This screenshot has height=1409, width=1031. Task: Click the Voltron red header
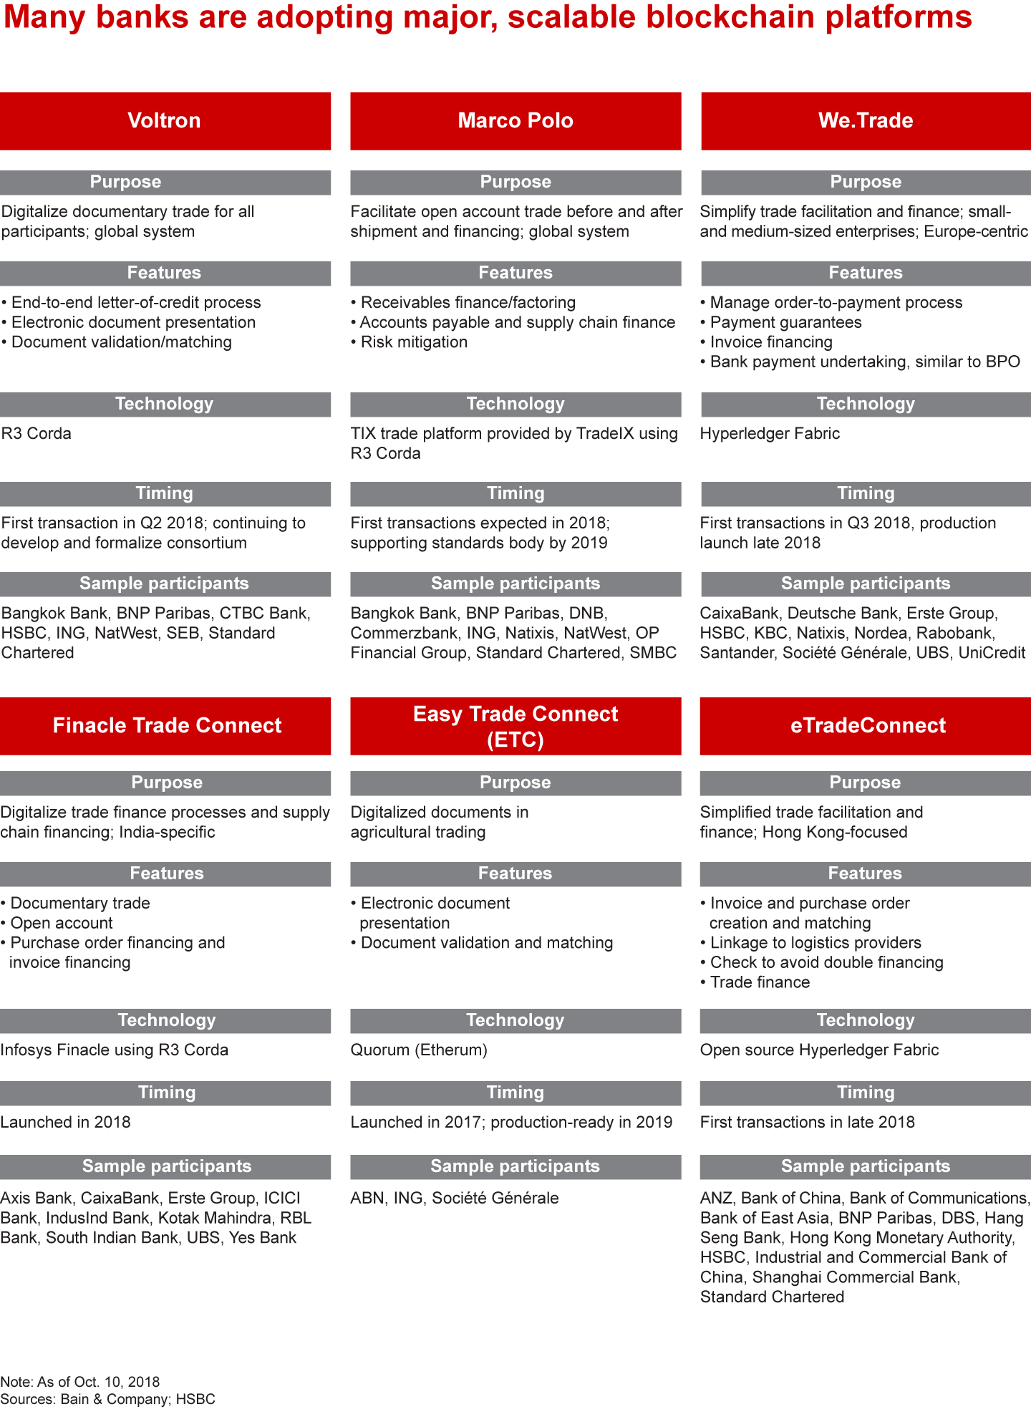tap(165, 120)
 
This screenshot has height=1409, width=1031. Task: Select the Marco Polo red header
tap(515, 120)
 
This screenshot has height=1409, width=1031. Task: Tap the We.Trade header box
tap(866, 120)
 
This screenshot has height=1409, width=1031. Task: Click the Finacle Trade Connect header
tap(166, 725)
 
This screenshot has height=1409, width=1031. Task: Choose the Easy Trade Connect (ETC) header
tap(515, 725)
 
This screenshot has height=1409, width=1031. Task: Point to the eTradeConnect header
tap(866, 725)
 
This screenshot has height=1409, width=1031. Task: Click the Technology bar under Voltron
tap(165, 404)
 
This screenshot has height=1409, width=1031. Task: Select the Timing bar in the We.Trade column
tap(866, 493)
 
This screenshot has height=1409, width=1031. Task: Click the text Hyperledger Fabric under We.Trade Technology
tap(770, 434)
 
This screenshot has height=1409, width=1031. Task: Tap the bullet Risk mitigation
tap(413, 342)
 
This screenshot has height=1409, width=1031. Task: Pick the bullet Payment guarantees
tap(785, 323)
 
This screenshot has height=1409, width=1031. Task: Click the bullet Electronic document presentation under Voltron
tap(133, 323)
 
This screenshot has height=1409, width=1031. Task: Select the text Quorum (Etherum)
tap(419, 1050)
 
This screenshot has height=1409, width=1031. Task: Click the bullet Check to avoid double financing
tap(826, 963)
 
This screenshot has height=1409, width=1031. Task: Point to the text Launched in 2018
tap(66, 1123)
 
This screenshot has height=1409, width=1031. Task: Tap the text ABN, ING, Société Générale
tap(455, 1199)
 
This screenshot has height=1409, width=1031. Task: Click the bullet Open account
tap(62, 924)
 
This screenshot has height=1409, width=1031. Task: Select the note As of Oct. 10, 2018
tap(79, 1382)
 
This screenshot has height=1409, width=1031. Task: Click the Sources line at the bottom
tap(107, 1399)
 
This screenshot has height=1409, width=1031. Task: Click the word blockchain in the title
tap(730, 17)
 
